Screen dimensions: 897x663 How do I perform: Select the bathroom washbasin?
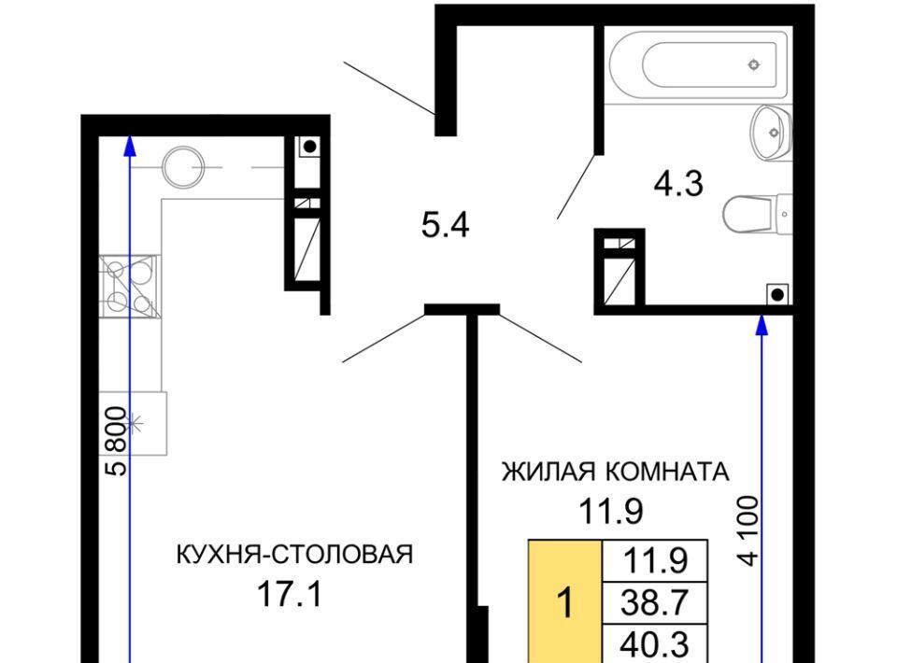[771, 133]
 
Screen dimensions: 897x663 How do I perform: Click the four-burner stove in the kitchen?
[128, 286]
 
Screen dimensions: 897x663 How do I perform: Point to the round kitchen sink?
[183, 167]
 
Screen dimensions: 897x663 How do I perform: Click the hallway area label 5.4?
[445, 225]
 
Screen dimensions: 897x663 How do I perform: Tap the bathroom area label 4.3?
[678, 184]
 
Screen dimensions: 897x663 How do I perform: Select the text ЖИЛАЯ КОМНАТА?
[616, 473]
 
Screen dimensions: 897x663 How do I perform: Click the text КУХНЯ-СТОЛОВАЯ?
[294, 554]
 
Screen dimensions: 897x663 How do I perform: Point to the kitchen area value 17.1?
[290, 594]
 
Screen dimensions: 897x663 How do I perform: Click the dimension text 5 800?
[117, 441]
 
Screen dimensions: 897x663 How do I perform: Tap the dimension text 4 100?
[748, 530]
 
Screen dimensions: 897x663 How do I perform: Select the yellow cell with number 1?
[565, 601]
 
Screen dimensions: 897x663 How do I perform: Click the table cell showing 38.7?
[655, 602]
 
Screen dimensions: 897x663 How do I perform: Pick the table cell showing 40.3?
[655, 644]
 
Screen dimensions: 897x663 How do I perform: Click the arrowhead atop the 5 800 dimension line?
[130, 145]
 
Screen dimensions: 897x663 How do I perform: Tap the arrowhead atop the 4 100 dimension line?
[762, 325]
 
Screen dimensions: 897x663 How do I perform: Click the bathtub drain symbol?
[754, 64]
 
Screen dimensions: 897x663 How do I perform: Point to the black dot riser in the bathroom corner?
[776, 295]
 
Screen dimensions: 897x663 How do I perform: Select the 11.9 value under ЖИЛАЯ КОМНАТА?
[611, 511]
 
